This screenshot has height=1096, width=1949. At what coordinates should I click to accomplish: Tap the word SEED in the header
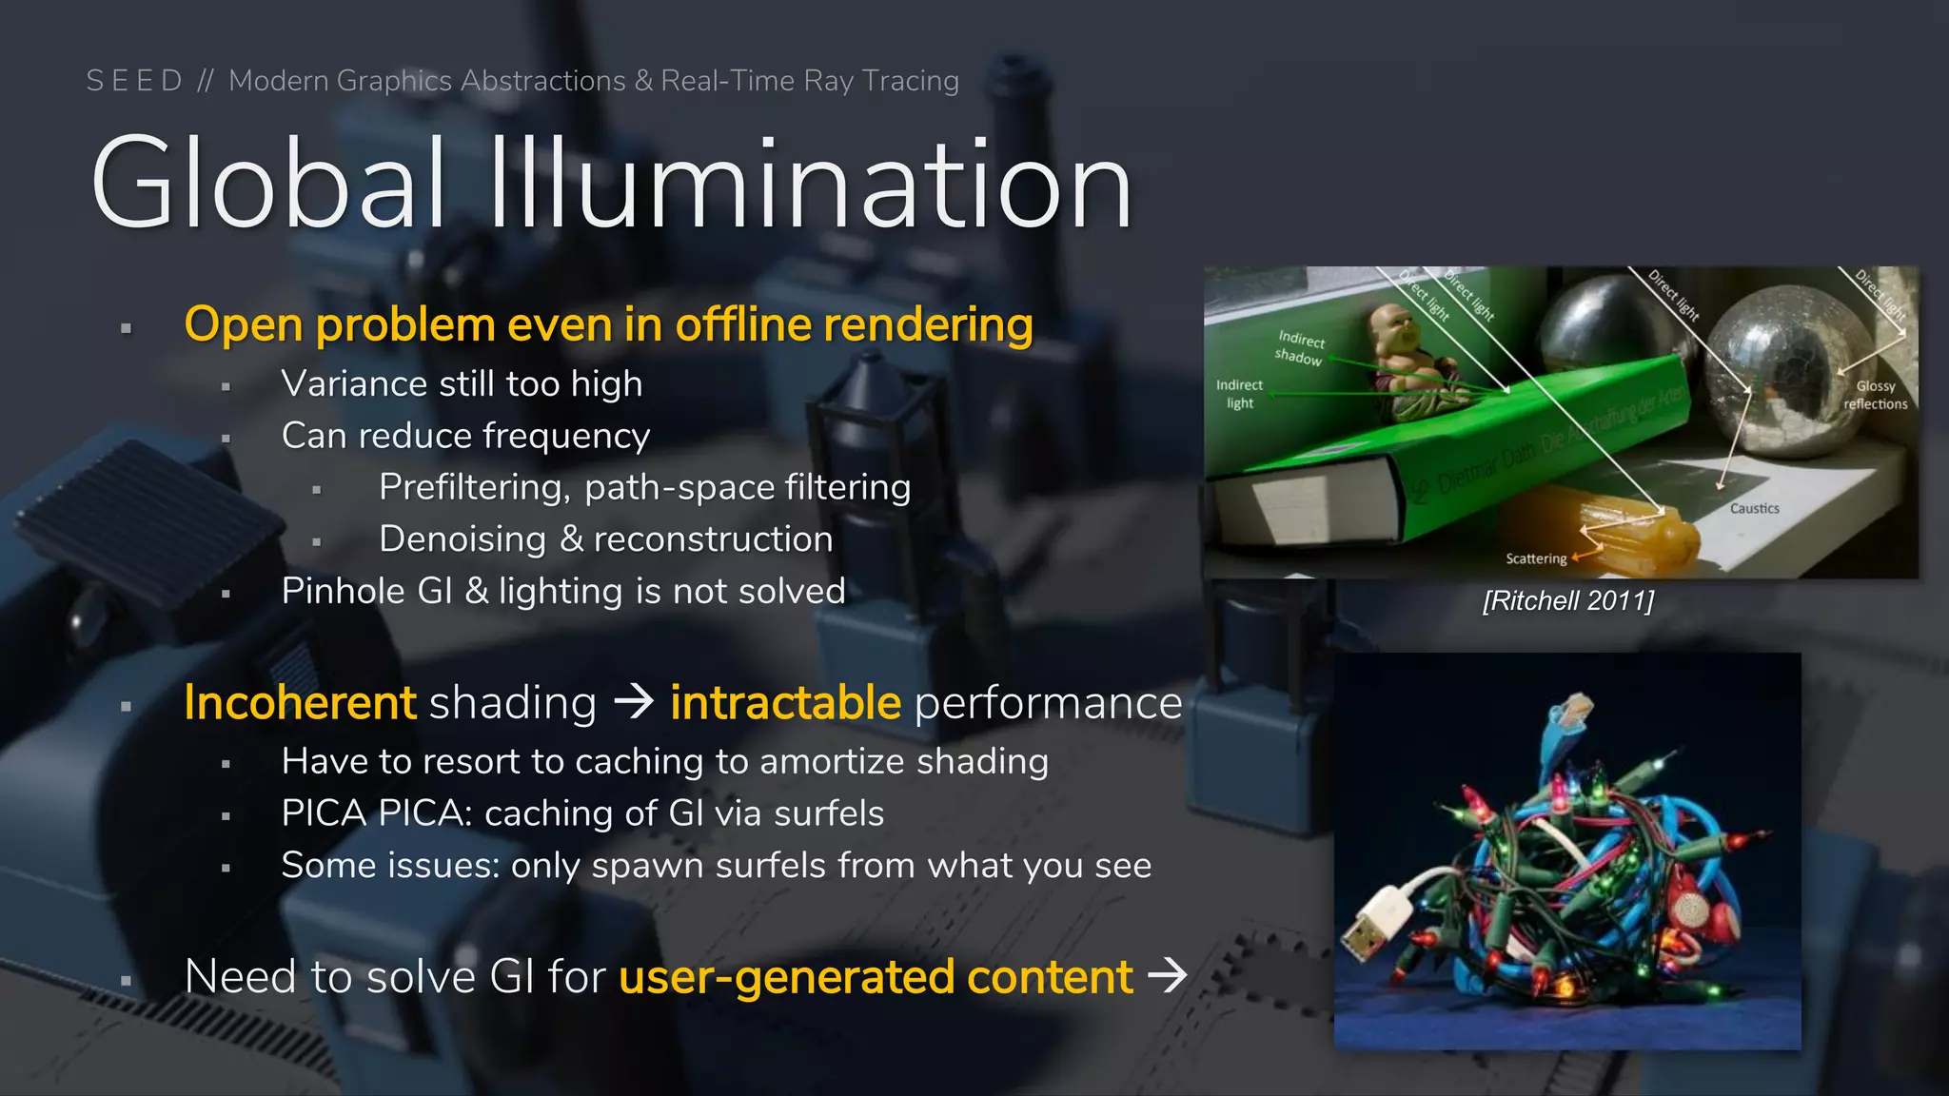pyautogui.click(x=134, y=81)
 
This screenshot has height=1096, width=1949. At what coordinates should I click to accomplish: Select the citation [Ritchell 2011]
pyautogui.click(x=1568, y=601)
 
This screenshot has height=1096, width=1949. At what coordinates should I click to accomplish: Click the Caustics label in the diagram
pyautogui.click(x=1754, y=508)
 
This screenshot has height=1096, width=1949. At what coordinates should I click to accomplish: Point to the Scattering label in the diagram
pyautogui.click(x=1535, y=558)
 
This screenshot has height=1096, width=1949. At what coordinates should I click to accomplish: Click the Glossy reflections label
pyautogui.click(x=1875, y=395)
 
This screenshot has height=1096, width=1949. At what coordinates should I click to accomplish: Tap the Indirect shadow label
pyautogui.click(x=1300, y=348)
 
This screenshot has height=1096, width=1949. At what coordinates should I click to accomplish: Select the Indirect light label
pyautogui.click(x=1239, y=394)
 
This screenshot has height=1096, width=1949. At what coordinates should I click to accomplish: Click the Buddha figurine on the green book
pyautogui.click(x=1407, y=362)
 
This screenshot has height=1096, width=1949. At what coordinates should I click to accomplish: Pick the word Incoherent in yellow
pyautogui.click(x=300, y=703)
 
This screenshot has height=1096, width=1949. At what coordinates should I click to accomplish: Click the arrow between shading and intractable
pyautogui.click(x=634, y=703)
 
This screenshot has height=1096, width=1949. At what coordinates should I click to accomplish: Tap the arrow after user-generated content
pyautogui.click(x=1168, y=975)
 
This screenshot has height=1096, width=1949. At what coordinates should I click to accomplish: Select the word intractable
pyautogui.click(x=785, y=703)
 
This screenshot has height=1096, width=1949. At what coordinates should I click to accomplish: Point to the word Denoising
pyautogui.click(x=462, y=539)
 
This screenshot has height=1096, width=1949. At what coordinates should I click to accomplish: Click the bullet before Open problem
pyautogui.click(x=126, y=328)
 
